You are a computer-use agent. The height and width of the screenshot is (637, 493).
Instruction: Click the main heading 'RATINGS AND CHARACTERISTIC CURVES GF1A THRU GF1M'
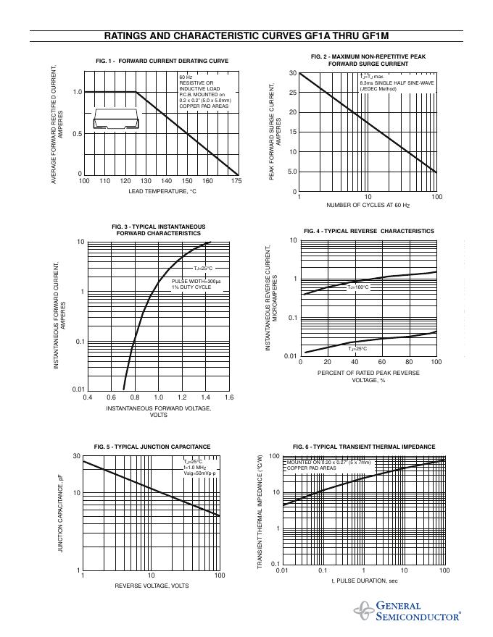click(x=246, y=36)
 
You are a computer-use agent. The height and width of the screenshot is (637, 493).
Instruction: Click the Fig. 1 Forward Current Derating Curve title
click(x=162, y=61)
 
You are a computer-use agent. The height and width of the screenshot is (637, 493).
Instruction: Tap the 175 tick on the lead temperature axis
click(x=236, y=181)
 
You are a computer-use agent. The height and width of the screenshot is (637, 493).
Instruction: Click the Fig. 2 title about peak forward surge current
click(x=368, y=60)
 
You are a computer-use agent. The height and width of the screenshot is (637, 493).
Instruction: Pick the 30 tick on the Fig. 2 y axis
click(x=292, y=73)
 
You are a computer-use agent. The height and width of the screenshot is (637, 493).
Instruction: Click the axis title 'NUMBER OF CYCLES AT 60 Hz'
click(x=368, y=206)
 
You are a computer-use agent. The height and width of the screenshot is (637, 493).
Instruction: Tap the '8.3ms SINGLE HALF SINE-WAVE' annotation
click(x=397, y=83)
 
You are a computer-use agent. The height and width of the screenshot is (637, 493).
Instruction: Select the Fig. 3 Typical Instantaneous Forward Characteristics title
click(x=158, y=230)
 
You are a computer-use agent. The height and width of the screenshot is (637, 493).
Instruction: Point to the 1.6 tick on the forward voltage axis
click(x=228, y=397)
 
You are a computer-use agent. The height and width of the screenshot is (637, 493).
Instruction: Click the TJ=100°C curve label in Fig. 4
click(x=358, y=287)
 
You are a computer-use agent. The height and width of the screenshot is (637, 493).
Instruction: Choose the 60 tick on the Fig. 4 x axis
click(x=381, y=362)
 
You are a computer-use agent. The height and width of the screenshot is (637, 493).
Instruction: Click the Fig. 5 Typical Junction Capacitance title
click(x=152, y=447)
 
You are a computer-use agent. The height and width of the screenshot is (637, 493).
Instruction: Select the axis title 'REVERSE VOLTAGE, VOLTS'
click(x=152, y=586)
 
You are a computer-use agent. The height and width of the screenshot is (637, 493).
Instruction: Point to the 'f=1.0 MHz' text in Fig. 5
click(x=195, y=468)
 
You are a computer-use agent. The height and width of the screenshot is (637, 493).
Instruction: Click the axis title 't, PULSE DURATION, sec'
click(x=365, y=581)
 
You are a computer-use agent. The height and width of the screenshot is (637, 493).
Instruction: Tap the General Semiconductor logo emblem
click(x=364, y=612)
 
